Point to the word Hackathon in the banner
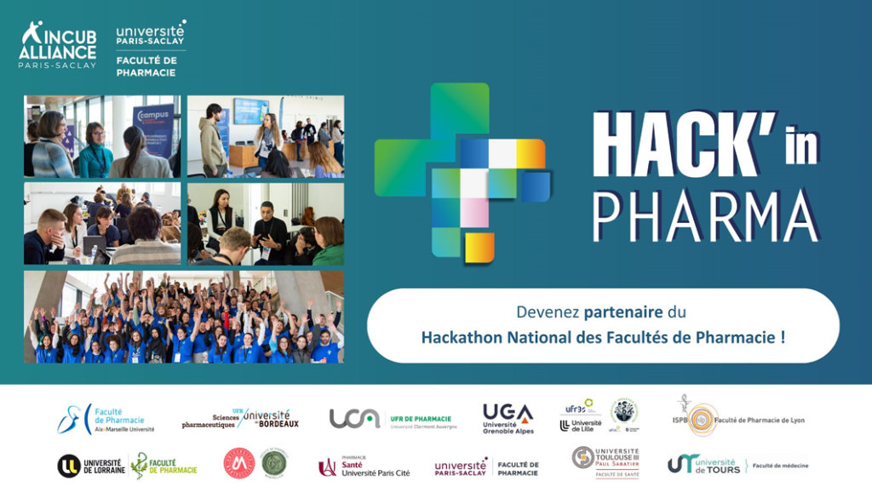(x=462, y=337)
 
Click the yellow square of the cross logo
(x=479, y=246)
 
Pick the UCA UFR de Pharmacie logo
(x=393, y=419)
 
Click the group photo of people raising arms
(x=184, y=318)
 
